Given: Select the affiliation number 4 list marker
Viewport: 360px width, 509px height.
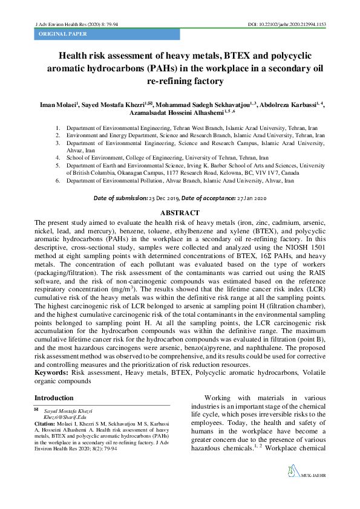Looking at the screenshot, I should [x=57, y=157].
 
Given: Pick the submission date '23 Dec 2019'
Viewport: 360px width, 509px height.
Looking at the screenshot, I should [x=163, y=198].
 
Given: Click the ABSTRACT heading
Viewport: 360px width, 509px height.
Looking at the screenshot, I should [x=179, y=213].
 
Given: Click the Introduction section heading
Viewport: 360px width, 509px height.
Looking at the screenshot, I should [x=54, y=398].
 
